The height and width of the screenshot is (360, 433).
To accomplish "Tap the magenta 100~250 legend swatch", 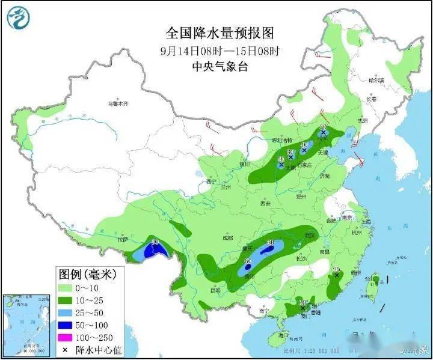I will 68,338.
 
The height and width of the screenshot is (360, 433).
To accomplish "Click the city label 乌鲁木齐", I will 118,103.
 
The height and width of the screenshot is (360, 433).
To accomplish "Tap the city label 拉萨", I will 124,240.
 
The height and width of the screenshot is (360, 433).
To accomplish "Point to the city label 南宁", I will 263,311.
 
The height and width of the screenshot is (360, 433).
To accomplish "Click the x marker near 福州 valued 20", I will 337,275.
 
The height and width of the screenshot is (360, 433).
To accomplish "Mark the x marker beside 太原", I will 281,164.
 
